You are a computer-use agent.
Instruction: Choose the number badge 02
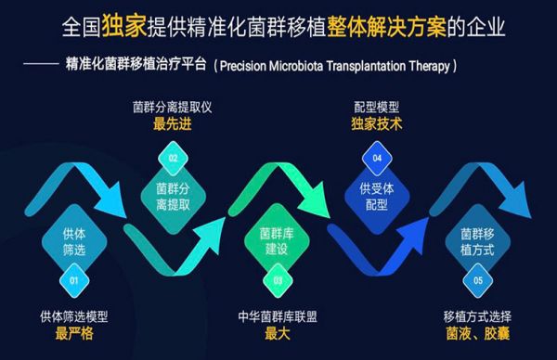[172, 158]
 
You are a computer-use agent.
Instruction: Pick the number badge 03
[276, 277]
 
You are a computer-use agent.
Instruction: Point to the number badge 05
[477, 277]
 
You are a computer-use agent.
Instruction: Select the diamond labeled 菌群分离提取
[172, 194]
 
